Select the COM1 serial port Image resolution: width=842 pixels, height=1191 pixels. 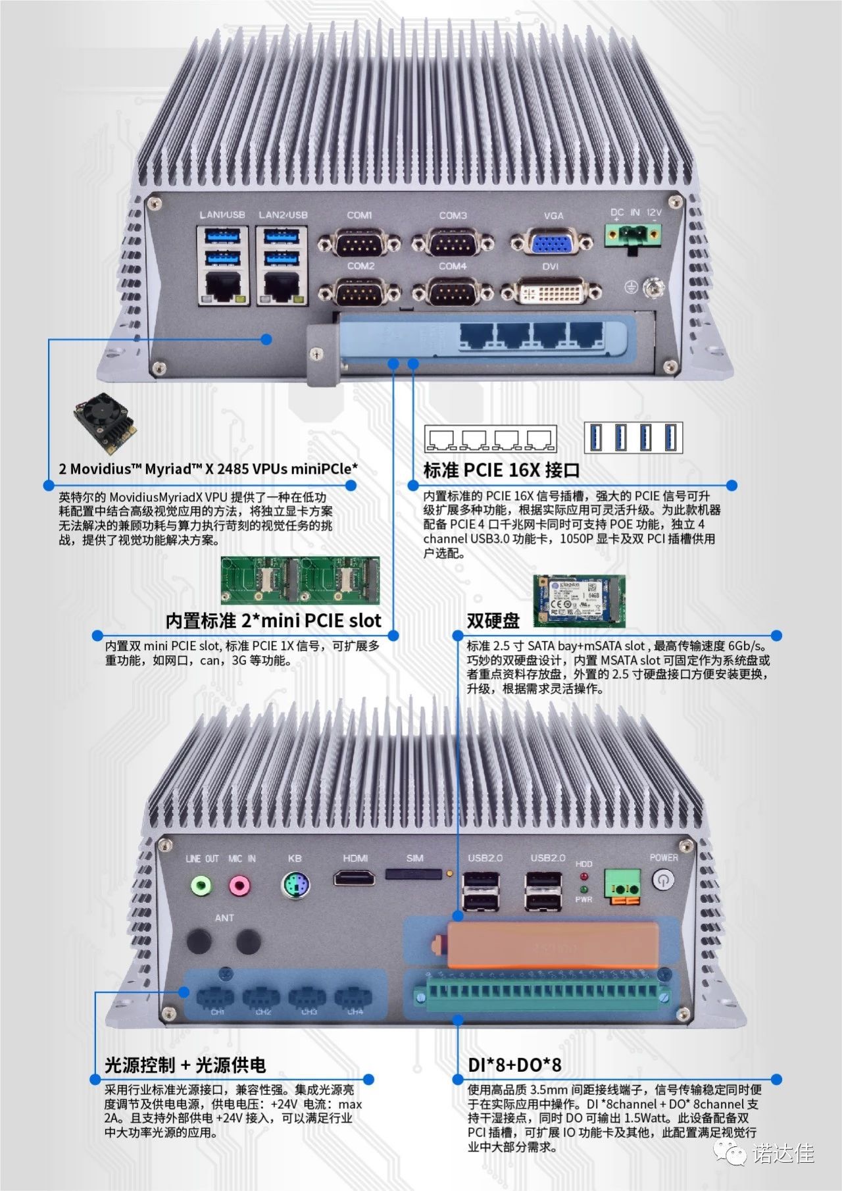click(x=359, y=244)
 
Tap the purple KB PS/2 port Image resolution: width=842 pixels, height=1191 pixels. click(x=295, y=885)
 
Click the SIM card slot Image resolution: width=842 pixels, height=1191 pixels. click(x=413, y=874)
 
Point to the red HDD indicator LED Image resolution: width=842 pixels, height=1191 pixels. click(x=583, y=877)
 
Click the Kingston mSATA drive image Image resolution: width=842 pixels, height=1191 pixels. click(x=579, y=601)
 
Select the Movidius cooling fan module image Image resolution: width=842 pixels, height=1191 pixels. click(x=105, y=422)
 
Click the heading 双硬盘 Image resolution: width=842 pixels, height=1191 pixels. click(x=493, y=620)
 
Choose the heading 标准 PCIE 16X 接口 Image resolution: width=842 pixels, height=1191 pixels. click(x=502, y=470)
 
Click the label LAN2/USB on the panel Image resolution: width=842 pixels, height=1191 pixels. click(x=283, y=215)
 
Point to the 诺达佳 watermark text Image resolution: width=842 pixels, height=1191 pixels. click(x=783, y=1153)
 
